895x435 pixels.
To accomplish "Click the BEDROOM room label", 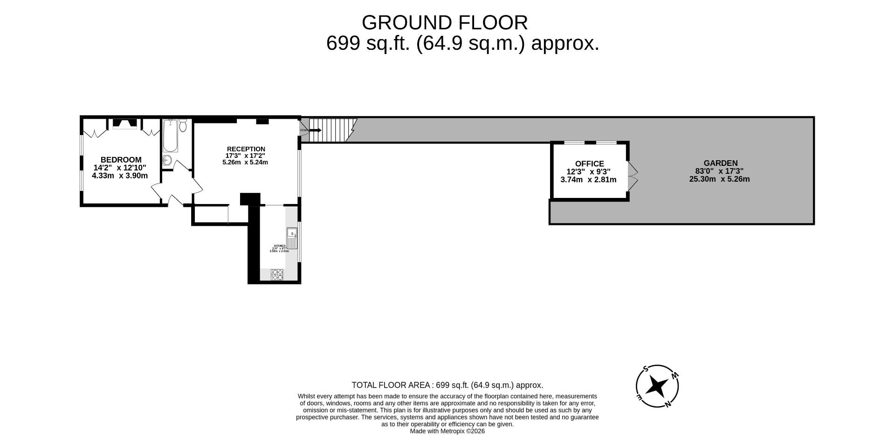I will pyautogui.click(x=121, y=160).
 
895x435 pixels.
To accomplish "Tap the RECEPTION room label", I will pyautogui.click(x=246, y=149).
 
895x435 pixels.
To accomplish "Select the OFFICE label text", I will pyautogui.click(x=589, y=163).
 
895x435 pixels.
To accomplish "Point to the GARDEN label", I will pyautogui.click(x=720, y=163).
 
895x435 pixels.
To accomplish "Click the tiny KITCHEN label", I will pyautogui.click(x=279, y=245).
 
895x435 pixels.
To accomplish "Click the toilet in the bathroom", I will pyautogui.click(x=183, y=126).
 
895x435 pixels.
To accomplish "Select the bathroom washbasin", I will pyautogui.click(x=167, y=161).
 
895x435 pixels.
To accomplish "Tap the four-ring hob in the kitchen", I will pyautogui.click(x=277, y=275).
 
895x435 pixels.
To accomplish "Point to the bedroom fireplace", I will pyautogui.click(x=125, y=124).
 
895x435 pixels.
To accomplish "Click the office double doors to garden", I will pyautogui.click(x=633, y=176).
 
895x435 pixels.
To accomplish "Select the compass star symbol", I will pyautogui.click(x=658, y=386).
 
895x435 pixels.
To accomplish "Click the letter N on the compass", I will pyautogui.click(x=668, y=404).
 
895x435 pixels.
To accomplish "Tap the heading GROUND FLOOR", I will pyautogui.click(x=444, y=22).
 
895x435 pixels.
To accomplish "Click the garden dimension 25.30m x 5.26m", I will pyautogui.click(x=719, y=179).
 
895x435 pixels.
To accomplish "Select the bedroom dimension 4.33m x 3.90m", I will pyautogui.click(x=120, y=176).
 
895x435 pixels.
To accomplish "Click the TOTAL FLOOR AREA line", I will pyautogui.click(x=447, y=385).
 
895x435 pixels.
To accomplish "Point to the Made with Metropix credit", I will pyautogui.click(x=447, y=431).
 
